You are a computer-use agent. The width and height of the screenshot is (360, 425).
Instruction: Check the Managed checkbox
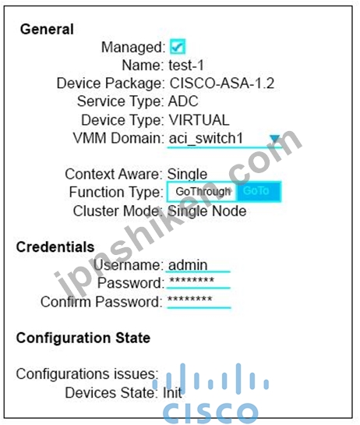(178, 47)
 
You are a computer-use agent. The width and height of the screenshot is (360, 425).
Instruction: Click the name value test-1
(186, 66)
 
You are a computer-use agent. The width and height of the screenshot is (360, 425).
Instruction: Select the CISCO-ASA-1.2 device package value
(222, 83)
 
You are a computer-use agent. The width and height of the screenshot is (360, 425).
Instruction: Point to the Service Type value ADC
(183, 101)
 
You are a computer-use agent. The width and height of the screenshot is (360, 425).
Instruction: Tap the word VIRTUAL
(199, 120)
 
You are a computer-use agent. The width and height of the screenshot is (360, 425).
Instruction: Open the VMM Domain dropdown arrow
(275, 139)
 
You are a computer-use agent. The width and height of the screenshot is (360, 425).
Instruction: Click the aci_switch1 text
(206, 139)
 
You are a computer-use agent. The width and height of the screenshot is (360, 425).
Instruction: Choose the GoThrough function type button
(203, 192)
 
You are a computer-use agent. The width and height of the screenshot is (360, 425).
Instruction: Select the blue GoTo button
(259, 192)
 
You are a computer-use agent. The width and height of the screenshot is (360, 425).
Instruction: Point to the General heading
(47, 29)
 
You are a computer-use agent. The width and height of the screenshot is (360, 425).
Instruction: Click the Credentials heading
(55, 247)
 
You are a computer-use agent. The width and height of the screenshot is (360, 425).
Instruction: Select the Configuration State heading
(83, 338)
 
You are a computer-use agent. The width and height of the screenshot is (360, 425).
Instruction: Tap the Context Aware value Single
(188, 174)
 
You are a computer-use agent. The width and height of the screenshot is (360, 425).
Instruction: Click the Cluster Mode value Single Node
(207, 211)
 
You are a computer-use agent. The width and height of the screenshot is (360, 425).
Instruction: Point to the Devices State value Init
(172, 392)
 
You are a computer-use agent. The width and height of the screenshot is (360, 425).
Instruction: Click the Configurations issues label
(87, 374)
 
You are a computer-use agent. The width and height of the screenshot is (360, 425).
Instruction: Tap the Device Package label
(111, 83)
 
